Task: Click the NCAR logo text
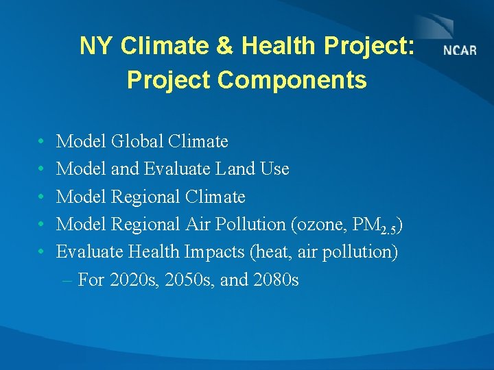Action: (x=460, y=51)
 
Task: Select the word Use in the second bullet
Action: (x=275, y=169)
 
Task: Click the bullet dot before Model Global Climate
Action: (x=42, y=142)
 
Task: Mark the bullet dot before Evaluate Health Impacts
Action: (x=42, y=252)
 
